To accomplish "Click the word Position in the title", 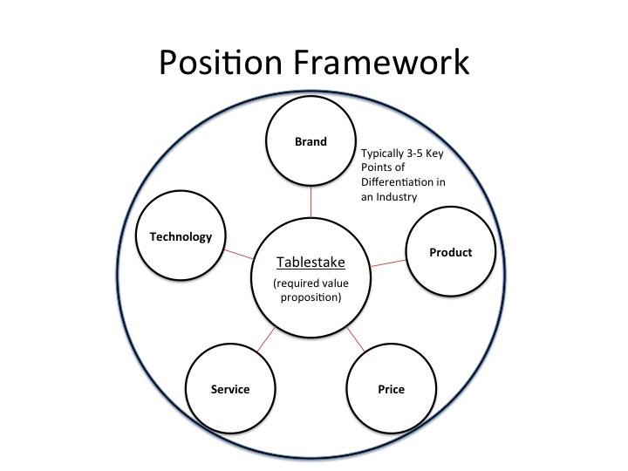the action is [221, 62].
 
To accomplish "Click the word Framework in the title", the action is [381, 62].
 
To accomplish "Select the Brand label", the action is [311, 142].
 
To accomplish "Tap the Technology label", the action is [181, 237].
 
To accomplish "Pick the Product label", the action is [451, 252].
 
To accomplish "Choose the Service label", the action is [230, 389].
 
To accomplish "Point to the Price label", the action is [392, 389].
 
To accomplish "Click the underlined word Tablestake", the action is [311, 263].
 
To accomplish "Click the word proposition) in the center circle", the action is [311, 297].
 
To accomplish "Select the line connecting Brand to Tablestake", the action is [311, 201].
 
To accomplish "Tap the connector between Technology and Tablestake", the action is [239, 255].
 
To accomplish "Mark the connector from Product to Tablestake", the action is [388, 263].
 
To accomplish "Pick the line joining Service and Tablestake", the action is [266, 339].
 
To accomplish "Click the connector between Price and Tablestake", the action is [356, 339].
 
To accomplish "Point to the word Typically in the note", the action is [383, 154].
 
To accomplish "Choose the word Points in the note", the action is [377, 167].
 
